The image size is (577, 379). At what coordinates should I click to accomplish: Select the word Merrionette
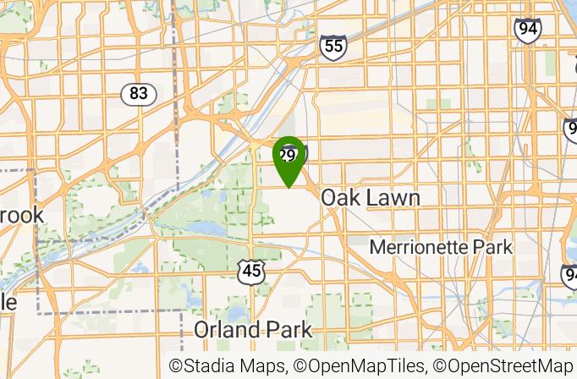pyautogui.click(x=422, y=248)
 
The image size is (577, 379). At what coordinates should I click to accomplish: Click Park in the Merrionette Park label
pyautogui.click(x=493, y=248)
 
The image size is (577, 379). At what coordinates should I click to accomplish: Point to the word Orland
pyautogui.click(x=225, y=329)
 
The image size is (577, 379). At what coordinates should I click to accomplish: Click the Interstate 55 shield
pyautogui.click(x=333, y=47)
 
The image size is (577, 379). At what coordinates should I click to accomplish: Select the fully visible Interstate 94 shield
pyautogui.click(x=528, y=30)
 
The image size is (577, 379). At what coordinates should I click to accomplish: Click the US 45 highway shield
pyautogui.click(x=251, y=272)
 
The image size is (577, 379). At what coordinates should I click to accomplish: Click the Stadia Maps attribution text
pyautogui.click(x=229, y=366)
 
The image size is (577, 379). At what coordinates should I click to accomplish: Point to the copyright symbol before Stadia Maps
pyautogui.click(x=177, y=366)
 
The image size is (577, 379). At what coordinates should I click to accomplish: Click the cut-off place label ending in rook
pyautogui.click(x=20, y=215)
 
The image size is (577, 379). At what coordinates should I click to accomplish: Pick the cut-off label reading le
pyautogui.click(x=8, y=301)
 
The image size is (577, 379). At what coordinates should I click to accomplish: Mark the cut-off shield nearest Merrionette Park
pyautogui.click(x=569, y=276)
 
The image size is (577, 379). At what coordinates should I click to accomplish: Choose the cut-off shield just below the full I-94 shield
pyautogui.click(x=571, y=129)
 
